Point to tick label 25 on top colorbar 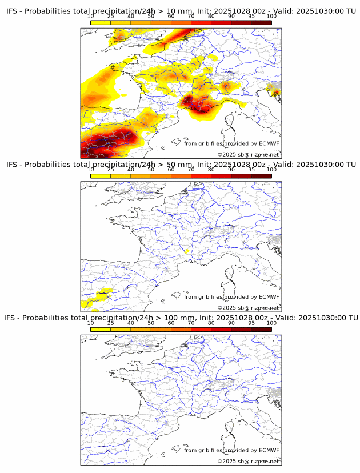click(x=111, y=17)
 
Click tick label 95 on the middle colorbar click(x=251, y=170)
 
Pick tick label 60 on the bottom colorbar click(x=171, y=323)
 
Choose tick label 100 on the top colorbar click(x=271, y=17)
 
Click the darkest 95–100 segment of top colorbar click(x=261, y=22)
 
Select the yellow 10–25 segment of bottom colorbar click(x=101, y=329)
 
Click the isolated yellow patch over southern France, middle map click(x=187, y=251)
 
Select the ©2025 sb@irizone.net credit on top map click(x=248, y=154)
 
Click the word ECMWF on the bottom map click(x=269, y=450)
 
